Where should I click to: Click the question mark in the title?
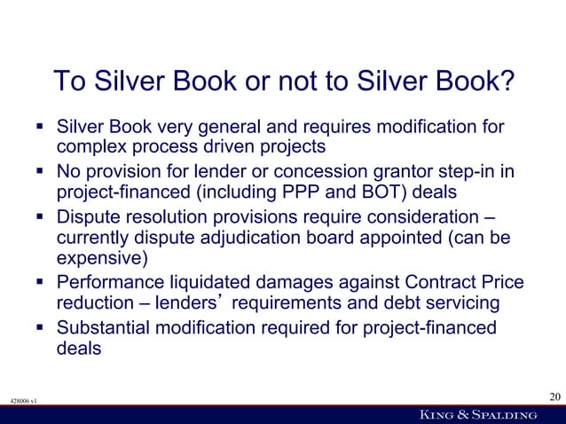tap(507, 82)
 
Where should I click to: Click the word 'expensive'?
tap(98, 260)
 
